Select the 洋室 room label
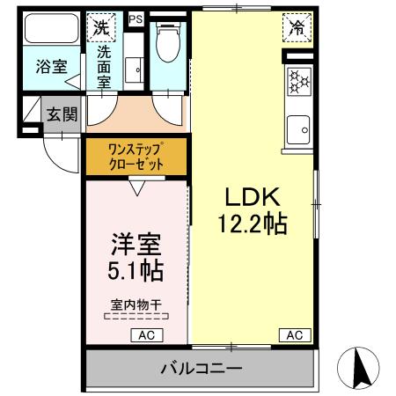coord(136,243)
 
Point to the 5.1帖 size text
coord(136,269)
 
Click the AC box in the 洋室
coord(146,334)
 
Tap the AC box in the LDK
coord(295,334)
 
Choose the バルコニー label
coord(200,367)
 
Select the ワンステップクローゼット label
coord(136,155)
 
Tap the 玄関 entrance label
coord(61,114)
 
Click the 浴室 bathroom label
coord(47,67)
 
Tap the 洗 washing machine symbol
coord(103,26)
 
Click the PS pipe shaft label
coord(135,18)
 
